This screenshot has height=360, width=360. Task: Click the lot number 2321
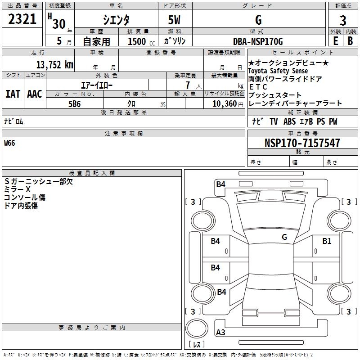tap(22, 19)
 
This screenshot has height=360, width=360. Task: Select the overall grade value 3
tap(343, 20)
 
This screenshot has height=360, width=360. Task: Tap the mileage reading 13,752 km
tap(54, 65)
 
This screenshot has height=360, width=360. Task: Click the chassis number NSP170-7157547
tap(302, 143)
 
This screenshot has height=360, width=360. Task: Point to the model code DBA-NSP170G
tap(258, 41)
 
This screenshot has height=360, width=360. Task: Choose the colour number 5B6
tap(75, 104)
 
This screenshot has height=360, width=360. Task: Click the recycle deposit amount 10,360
tap(224, 104)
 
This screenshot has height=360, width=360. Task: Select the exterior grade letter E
tap(335, 41)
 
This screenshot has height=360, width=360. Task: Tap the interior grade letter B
tap(350, 41)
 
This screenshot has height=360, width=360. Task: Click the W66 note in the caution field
tap(9, 143)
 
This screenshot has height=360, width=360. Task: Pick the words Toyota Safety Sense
tap(278, 71)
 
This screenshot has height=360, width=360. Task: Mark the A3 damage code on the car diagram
tap(220, 332)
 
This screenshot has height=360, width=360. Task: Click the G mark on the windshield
tap(284, 237)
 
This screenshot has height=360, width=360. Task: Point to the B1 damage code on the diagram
tap(327, 241)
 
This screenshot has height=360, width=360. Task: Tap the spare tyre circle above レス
tap(197, 328)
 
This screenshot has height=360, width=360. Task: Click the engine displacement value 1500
tap(137, 41)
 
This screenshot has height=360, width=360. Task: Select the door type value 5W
tap(174, 20)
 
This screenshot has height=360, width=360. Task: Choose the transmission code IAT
tap(13, 94)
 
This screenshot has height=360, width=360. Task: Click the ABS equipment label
tap(289, 121)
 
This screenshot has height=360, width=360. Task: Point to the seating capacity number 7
tap(188, 85)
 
